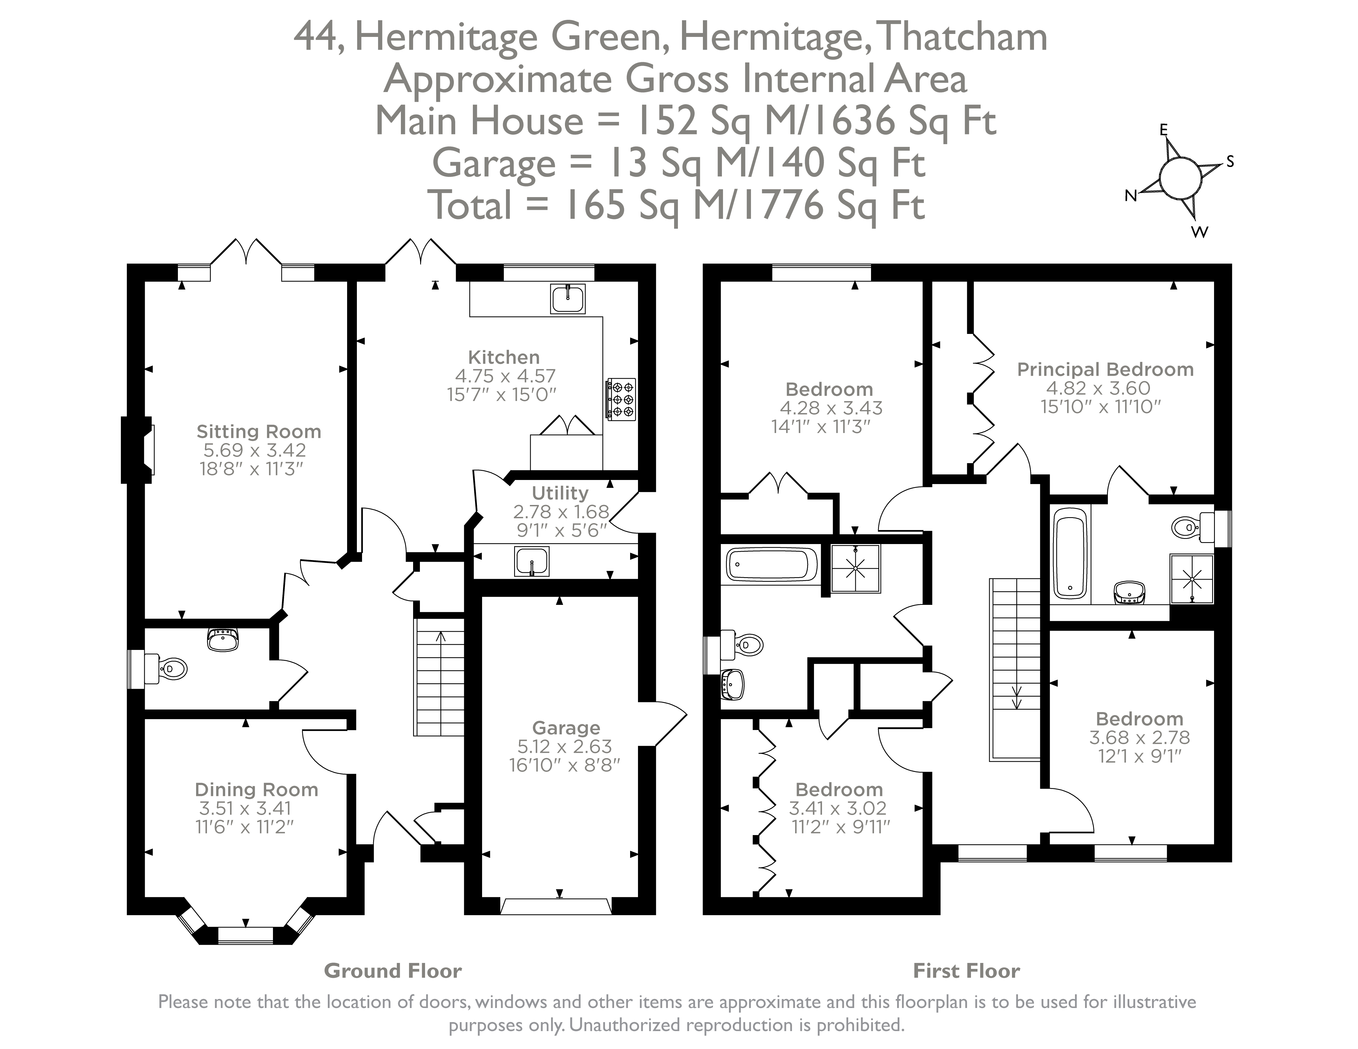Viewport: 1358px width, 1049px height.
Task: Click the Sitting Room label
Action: click(259, 431)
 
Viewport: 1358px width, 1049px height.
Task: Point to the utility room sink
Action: click(532, 561)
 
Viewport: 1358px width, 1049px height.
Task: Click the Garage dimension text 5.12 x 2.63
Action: click(565, 746)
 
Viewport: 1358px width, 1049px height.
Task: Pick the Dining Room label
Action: click(256, 789)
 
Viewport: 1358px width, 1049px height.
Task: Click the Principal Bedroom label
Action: click(1105, 369)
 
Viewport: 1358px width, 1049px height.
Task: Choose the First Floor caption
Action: click(966, 971)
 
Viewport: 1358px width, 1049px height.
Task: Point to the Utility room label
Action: click(559, 493)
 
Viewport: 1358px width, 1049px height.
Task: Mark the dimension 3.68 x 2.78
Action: click(1139, 738)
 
